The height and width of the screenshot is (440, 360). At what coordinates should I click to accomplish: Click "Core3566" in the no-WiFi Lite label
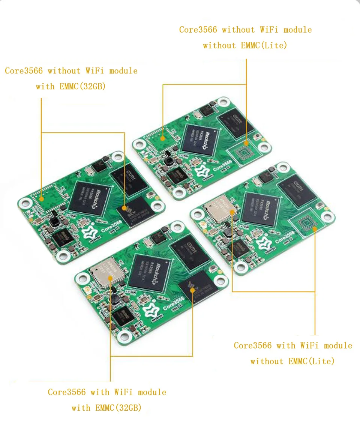pos(198,30)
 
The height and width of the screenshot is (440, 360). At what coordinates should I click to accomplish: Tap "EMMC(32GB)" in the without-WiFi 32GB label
pos(82,87)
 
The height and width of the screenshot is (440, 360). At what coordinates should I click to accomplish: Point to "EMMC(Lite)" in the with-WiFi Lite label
pos(311,361)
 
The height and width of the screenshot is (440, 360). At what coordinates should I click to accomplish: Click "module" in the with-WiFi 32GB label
pos(152,392)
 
